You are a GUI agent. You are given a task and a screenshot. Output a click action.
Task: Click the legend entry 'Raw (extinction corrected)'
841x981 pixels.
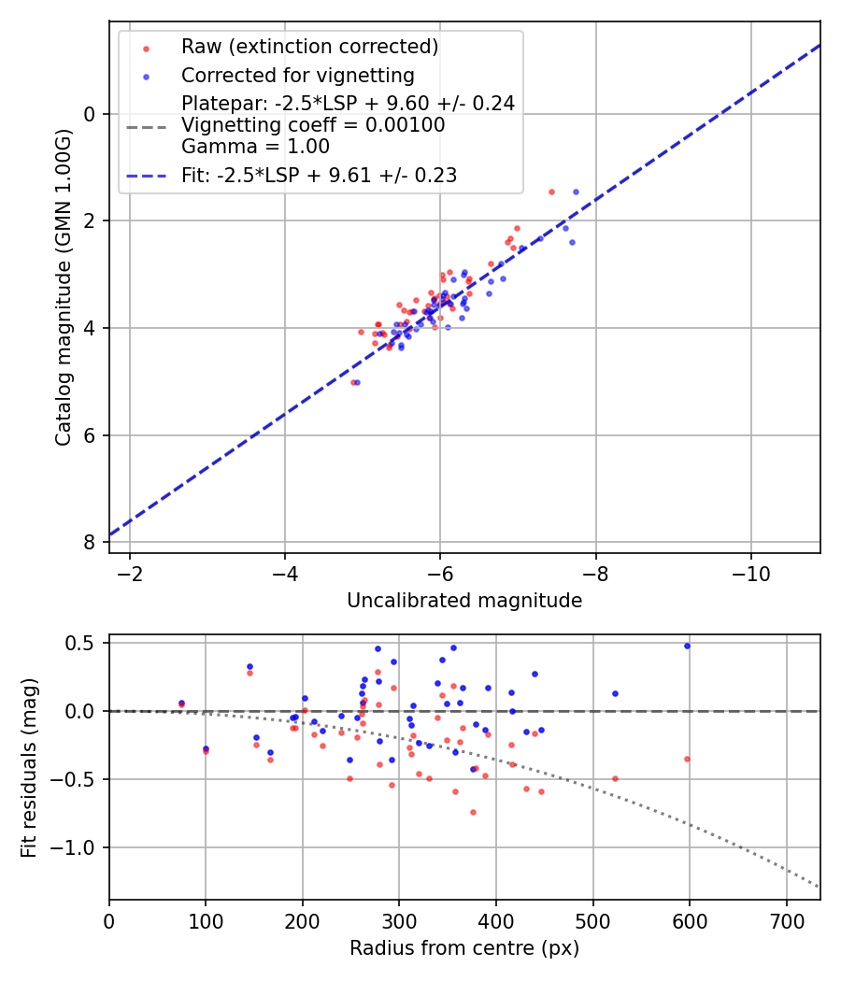coord(309,47)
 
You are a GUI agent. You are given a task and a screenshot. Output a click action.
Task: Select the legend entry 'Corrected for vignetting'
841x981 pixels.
coord(297,75)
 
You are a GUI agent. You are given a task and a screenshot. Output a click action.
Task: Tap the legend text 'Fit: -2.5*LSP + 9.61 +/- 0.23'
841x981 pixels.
coord(319,175)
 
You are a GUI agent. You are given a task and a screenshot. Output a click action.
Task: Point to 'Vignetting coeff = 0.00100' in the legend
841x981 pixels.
coord(313,125)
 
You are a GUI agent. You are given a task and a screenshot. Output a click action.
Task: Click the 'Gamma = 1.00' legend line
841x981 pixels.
coord(255,147)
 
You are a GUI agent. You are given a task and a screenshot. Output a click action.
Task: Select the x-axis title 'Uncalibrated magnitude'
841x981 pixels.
coord(464,601)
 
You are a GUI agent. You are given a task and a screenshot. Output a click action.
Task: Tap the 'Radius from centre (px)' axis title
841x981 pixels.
coord(464,948)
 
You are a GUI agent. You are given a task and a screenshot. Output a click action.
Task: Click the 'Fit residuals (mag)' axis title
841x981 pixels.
coord(28,767)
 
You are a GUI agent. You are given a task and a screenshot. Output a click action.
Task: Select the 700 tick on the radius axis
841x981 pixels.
coord(786,919)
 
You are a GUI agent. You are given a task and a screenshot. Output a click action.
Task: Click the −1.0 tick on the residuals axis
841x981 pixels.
coord(79,847)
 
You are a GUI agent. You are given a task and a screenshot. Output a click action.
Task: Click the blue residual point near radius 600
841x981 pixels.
coord(687,646)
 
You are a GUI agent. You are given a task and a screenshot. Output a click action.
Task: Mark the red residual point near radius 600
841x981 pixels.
coord(687,759)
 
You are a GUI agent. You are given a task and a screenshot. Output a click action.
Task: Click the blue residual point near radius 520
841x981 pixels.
coord(615,693)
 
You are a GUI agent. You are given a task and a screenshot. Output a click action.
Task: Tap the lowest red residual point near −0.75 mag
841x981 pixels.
coord(473,812)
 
